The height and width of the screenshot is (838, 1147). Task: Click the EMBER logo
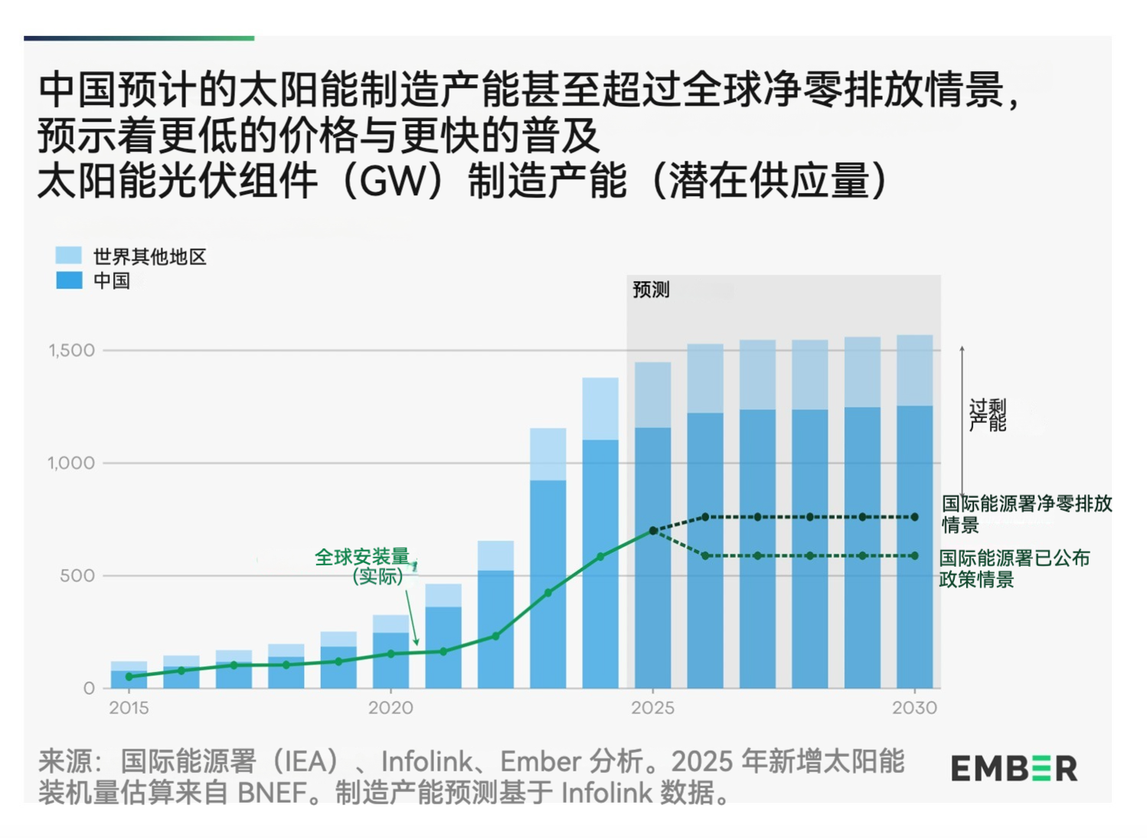point(1014,768)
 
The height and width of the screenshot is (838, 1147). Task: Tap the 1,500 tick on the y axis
point(72,351)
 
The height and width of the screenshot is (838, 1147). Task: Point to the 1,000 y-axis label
point(71,463)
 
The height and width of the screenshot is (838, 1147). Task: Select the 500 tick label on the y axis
point(77,576)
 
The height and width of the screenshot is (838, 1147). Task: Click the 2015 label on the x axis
point(129,708)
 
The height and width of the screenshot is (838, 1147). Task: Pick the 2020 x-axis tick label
point(391,708)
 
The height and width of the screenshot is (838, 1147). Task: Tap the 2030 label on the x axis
point(914,708)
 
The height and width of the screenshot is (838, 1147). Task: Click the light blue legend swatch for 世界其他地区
point(69,255)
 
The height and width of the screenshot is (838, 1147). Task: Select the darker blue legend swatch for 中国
point(69,280)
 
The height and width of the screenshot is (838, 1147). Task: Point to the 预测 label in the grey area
point(651,290)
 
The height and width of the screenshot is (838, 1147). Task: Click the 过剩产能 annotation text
point(988,414)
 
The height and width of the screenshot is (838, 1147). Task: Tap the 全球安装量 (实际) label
point(363,566)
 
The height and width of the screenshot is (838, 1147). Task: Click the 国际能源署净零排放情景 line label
point(1026,513)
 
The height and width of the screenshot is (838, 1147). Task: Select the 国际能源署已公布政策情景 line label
point(1014,568)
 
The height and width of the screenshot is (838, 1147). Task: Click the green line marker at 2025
point(653,530)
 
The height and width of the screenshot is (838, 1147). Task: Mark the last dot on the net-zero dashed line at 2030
point(914,517)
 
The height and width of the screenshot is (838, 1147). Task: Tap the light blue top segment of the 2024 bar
point(600,408)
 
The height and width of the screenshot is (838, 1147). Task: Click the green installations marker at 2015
point(129,676)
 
